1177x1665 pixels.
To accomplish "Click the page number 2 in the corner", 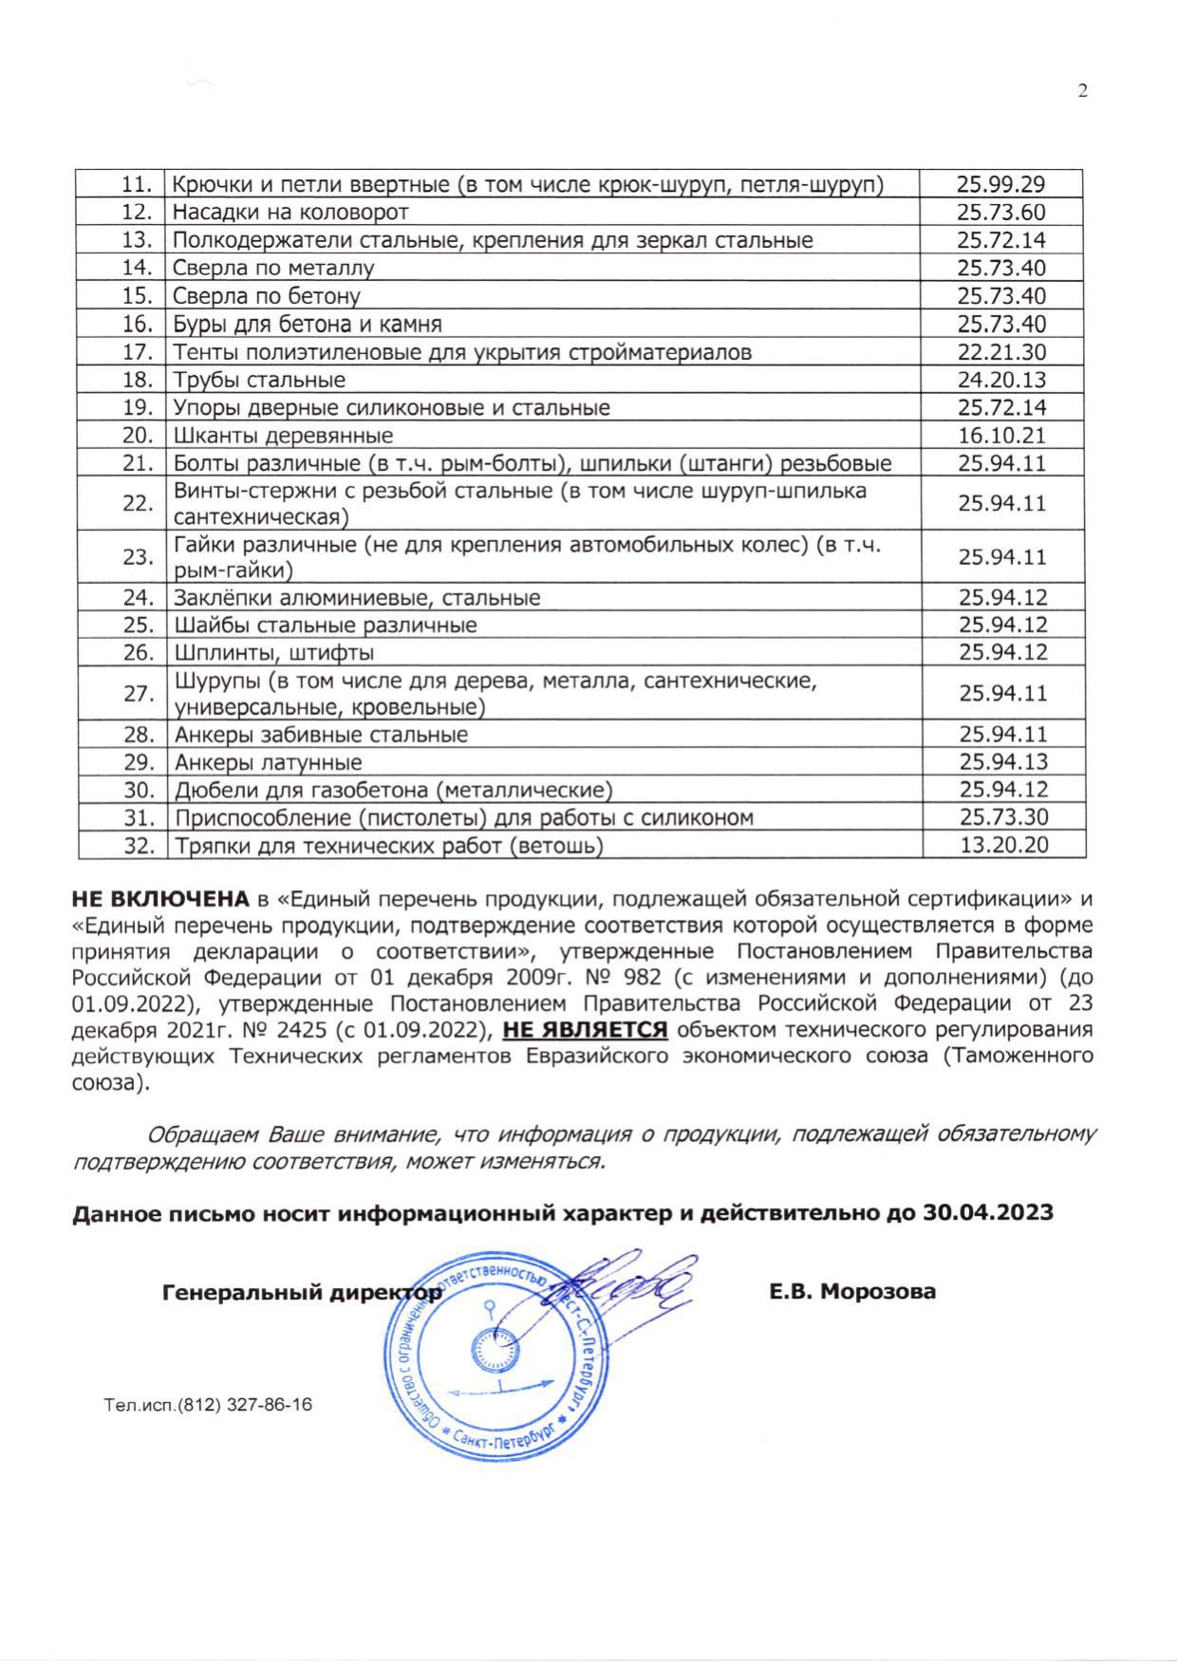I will [1083, 91].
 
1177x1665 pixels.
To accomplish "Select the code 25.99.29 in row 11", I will [1001, 184].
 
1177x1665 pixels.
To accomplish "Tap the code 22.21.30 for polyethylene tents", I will [1001, 352].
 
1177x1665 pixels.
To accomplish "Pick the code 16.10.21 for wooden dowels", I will [1001, 436].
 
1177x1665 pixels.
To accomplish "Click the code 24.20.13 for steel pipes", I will [1001, 380].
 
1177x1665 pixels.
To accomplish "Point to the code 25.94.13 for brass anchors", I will [1003, 761].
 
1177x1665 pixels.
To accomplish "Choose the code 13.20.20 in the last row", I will [1003, 845].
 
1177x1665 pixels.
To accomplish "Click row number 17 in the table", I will [138, 352].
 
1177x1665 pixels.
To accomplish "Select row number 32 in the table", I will [139, 845].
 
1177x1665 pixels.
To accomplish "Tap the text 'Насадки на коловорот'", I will [290, 212].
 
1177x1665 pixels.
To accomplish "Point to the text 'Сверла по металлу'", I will [273, 268].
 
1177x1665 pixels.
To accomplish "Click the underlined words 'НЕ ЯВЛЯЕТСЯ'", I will [585, 1030].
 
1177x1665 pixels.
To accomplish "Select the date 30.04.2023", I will [987, 1212].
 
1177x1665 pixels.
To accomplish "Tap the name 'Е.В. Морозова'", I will [852, 1291].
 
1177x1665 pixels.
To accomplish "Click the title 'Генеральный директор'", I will [302, 1292].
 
